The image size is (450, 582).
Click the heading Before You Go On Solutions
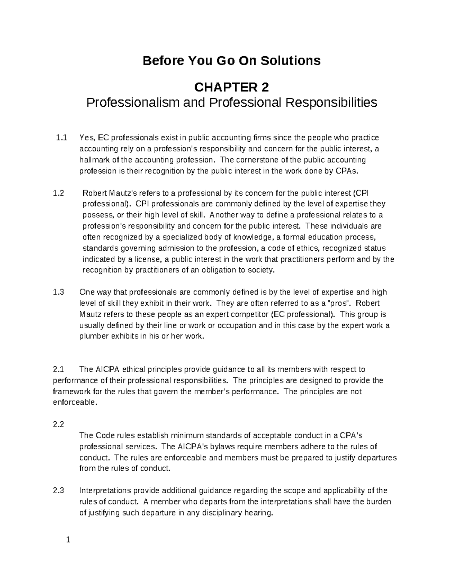pos(231,60)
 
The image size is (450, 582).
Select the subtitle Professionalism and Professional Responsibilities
pos(231,102)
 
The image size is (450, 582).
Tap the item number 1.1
pos(61,138)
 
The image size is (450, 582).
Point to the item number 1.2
pos(58,193)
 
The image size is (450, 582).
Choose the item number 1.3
pos(58,292)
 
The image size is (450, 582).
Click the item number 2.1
pos(58,370)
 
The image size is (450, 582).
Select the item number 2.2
pos(58,425)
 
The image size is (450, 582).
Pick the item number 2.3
pos(58,491)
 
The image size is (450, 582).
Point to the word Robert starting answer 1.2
pos(94,193)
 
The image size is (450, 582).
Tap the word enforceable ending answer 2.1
pos(73,403)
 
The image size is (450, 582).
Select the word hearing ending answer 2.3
pos(258,513)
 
